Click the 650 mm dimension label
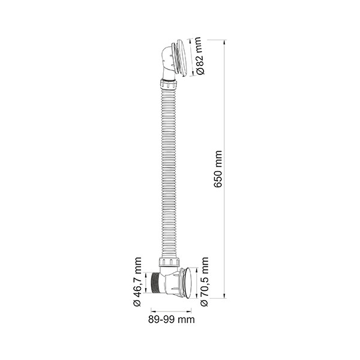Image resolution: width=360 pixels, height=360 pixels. tap(218, 169)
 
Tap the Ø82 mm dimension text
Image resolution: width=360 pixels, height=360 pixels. tap(199, 56)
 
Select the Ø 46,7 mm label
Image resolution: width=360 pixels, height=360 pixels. tap(137, 282)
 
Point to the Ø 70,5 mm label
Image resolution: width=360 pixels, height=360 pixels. tap(205, 282)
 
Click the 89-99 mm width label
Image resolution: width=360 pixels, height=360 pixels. tap(171, 319)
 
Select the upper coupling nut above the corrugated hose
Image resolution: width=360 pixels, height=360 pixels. tap(168, 85)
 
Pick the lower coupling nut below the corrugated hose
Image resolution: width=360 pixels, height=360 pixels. tap(169, 262)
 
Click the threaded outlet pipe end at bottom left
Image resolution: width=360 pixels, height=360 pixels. tap(155, 283)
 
